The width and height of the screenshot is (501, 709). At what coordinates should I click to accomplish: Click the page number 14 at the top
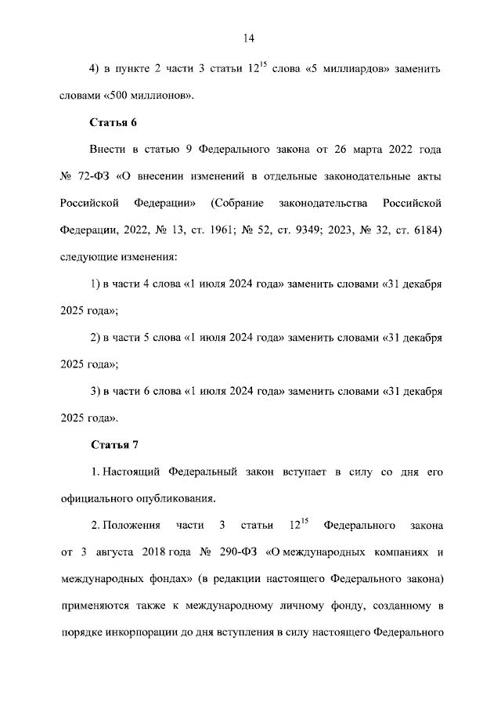[x=250, y=38]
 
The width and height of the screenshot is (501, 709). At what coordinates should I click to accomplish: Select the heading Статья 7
[x=114, y=444]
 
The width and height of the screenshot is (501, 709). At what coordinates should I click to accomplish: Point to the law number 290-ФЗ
[x=240, y=552]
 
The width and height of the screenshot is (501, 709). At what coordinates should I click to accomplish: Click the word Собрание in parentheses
[x=236, y=203]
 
